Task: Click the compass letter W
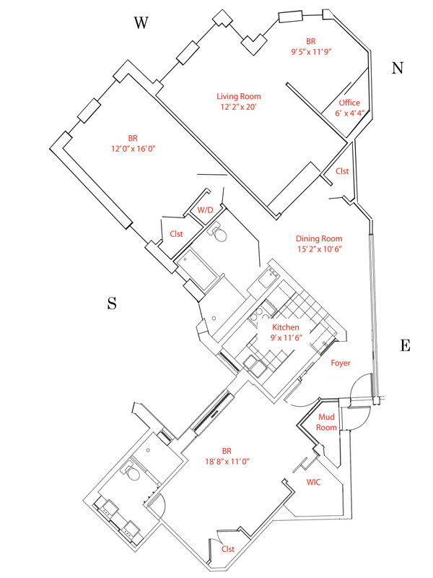coord(141,23)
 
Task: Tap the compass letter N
coord(398,69)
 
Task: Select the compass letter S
coord(112,303)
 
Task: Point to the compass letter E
coord(405,345)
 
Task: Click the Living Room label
coord(239,96)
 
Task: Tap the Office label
coord(349,103)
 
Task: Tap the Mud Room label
coord(327,423)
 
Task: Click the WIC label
coord(314,481)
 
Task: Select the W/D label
coord(206,210)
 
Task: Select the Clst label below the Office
coord(342,171)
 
